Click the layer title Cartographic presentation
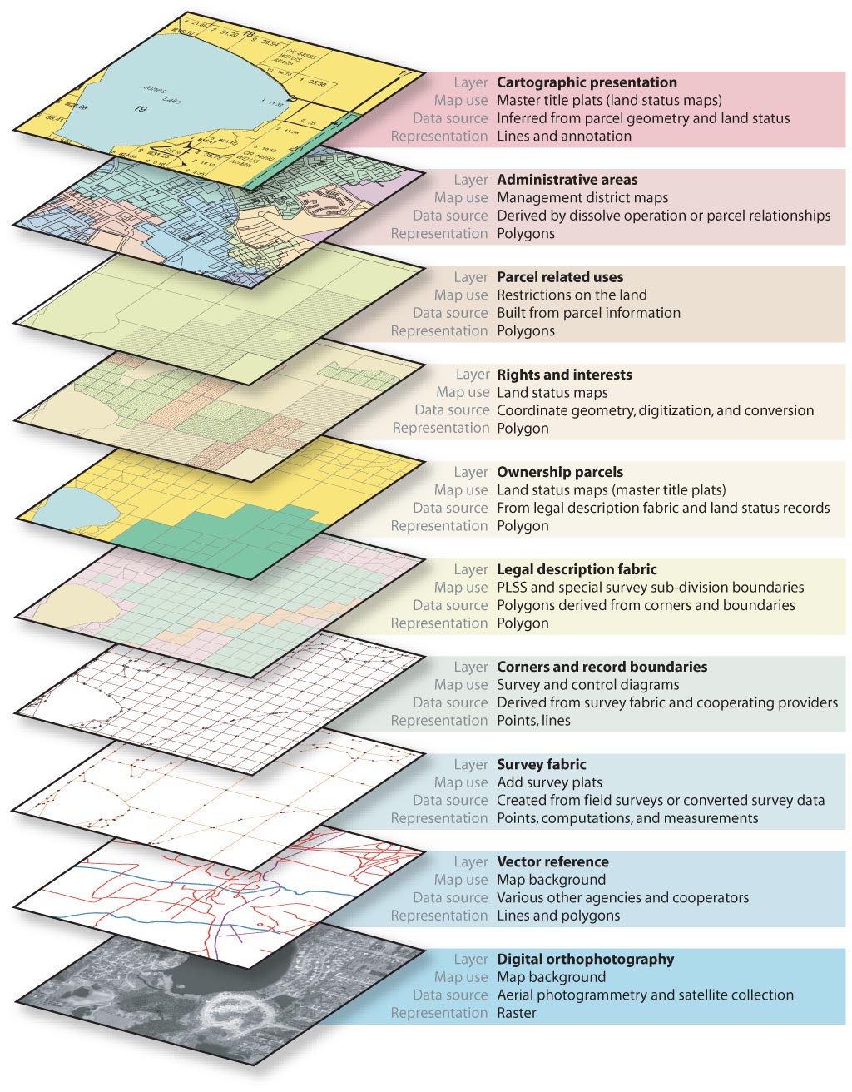(x=587, y=82)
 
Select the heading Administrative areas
(x=567, y=180)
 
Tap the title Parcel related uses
(x=559, y=277)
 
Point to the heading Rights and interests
(x=564, y=375)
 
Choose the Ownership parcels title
(x=559, y=472)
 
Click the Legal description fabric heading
(x=577, y=569)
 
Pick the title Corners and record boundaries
(x=602, y=667)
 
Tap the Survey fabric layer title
(x=541, y=764)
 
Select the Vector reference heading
(x=552, y=861)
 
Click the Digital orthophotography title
(x=585, y=959)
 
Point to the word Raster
(x=517, y=1013)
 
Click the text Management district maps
(x=582, y=198)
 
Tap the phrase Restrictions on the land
(x=572, y=295)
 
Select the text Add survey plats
(x=549, y=782)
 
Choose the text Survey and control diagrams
(x=587, y=685)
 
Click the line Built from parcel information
(x=588, y=313)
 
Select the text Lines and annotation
(x=563, y=136)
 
